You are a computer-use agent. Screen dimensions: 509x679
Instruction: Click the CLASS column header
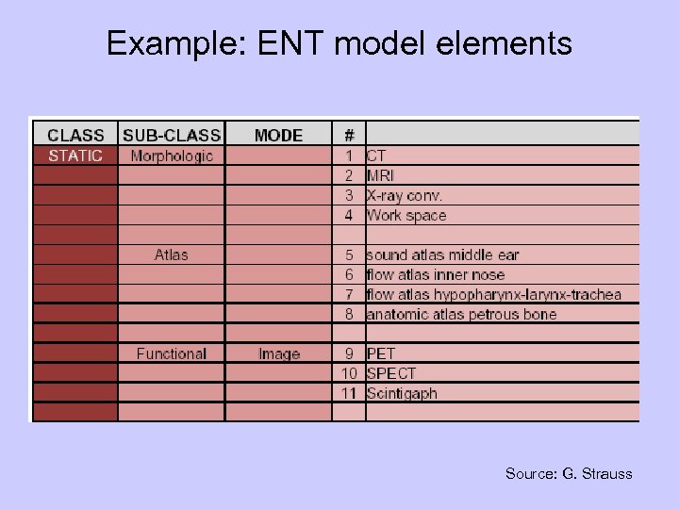pos(75,136)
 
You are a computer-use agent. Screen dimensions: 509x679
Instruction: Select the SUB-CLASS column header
pos(172,136)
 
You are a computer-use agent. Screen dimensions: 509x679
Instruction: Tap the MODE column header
pos(278,136)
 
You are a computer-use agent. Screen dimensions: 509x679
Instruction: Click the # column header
pos(349,136)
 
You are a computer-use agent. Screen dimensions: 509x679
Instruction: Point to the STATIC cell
pos(75,156)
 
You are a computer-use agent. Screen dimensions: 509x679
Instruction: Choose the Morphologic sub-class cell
pos(172,156)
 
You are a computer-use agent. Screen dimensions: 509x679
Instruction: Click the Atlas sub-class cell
pos(172,254)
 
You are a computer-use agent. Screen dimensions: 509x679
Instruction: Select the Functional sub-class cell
pos(172,353)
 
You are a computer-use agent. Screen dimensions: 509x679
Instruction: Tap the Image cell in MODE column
pos(279,353)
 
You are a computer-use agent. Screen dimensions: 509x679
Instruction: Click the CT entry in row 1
pos(376,156)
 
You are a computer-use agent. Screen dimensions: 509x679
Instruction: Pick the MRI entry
pos(381,175)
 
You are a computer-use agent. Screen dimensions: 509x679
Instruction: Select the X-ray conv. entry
pos(405,195)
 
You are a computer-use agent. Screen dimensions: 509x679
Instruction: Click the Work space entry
pos(406,215)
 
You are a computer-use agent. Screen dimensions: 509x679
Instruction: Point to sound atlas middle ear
pos(442,254)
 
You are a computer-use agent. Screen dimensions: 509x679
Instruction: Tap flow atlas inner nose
pos(436,274)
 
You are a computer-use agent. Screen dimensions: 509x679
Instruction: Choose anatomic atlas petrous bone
pos(461,314)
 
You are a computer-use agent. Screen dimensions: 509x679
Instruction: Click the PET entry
pos(381,353)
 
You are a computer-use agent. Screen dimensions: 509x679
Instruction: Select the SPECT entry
pos(391,373)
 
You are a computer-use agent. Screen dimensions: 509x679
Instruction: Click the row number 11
pos(349,393)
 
